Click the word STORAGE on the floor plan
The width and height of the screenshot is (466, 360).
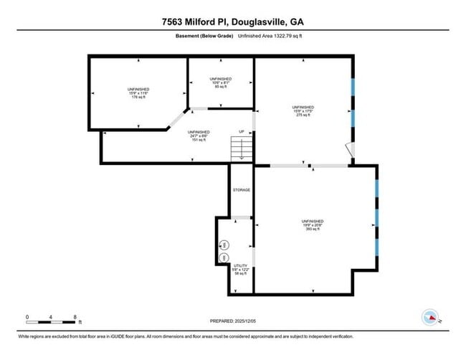click(x=241, y=190)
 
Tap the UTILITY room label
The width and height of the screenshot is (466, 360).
click(x=241, y=265)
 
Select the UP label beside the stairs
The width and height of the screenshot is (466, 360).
click(x=242, y=131)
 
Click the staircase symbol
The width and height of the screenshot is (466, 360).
click(x=241, y=149)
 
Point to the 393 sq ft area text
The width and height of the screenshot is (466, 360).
click(x=313, y=230)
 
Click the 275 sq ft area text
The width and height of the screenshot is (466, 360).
click(x=303, y=115)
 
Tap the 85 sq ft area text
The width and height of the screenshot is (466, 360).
click(x=220, y=87)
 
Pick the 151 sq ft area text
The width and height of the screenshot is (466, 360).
click(x=199, y=141)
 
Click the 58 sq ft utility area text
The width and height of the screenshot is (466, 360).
click(x=241, y=273)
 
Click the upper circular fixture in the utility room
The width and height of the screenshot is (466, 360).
click(x=224, y=244)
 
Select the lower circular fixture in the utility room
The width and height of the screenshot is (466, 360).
click(x=224, y=257)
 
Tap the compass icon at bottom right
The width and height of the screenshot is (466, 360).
click(x=430, y=316)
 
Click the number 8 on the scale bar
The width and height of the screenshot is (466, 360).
click(x=75, y=316)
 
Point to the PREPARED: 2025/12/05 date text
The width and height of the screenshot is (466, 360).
click(x=233, y=321)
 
